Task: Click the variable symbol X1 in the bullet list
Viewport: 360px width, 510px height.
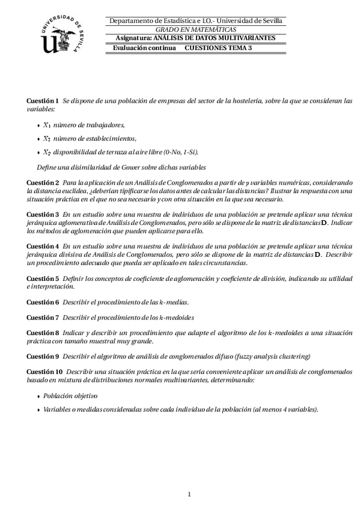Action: pos(46,125)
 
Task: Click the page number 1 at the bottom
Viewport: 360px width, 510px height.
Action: pos(189,494)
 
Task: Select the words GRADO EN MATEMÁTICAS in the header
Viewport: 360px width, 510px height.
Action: pos(196,29)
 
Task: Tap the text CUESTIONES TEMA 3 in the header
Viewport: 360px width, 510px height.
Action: pos(218,47)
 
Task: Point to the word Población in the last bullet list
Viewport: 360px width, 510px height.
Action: pos(58,396)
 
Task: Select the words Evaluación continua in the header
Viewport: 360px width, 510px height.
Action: pos(144,47)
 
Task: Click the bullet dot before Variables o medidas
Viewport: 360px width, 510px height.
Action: pos(39,410)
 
